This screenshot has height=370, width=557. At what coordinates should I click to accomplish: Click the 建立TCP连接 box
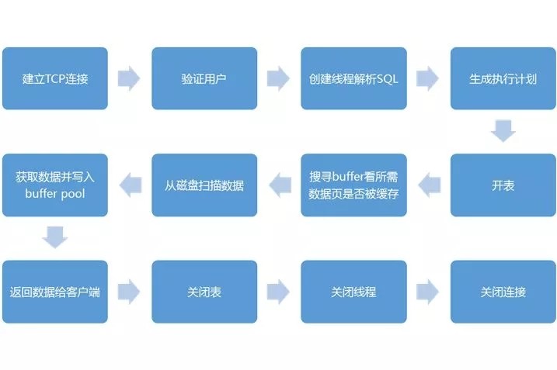pos(54,78)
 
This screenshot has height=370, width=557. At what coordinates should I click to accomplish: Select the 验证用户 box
pos(204,78)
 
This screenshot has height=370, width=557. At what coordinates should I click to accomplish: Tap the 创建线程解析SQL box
pos(353,78)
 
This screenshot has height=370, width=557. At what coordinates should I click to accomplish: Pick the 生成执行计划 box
pos(503,78)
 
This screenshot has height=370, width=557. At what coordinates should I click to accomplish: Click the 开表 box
pos(503,185)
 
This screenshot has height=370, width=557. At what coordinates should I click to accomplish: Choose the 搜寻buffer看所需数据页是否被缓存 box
pos(353,185)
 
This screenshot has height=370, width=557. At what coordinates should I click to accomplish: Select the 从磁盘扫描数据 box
pos(204,185)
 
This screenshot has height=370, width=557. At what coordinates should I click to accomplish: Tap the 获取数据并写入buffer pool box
pos(54,185)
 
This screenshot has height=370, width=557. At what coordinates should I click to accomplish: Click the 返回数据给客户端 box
pos(54,292)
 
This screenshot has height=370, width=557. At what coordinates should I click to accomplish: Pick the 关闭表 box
pos(204,292)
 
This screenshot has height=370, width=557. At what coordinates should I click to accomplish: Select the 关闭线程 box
pos(353,292)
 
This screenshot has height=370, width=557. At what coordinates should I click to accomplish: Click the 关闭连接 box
pos(503,292)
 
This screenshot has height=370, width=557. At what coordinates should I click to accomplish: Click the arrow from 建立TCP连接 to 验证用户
pos(129,78)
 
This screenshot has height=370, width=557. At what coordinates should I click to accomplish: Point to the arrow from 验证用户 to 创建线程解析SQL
pos(278,78)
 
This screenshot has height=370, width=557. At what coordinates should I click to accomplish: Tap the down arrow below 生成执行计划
pos(503,130)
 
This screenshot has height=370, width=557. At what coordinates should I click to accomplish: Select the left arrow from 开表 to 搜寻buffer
pos(428,185)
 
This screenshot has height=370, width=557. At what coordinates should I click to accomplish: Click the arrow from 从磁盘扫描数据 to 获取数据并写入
pos(129,185)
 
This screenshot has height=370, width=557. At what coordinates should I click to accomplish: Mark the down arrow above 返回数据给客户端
pos(54,237)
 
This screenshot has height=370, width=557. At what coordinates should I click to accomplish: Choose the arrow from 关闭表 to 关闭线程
pos(278,292)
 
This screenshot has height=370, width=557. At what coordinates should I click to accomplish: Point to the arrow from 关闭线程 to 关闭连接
pos(428,292)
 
